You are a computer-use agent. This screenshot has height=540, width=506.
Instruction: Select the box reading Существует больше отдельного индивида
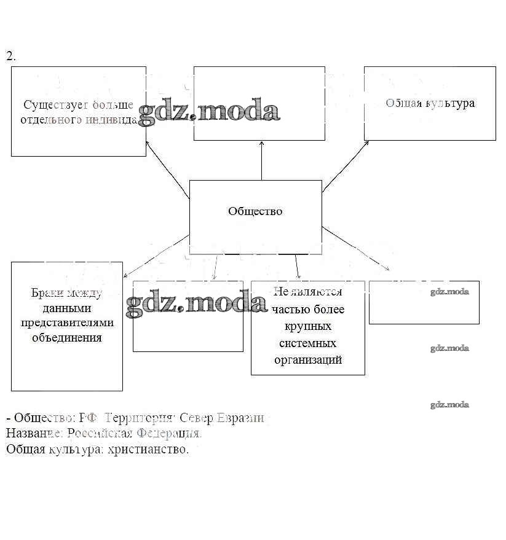tap(79, 111)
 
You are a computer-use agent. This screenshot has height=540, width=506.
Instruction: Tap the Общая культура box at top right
tap(430, 103)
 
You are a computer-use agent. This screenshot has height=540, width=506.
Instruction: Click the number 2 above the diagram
tap(10, 56)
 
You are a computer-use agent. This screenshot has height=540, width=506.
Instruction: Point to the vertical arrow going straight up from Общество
tap(262, 160)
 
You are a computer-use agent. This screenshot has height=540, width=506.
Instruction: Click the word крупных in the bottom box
tap(308, 326)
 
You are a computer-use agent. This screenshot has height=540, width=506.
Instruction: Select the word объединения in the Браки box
tap(67, 337)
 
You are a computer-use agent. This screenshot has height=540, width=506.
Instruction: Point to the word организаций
tap(308, 360)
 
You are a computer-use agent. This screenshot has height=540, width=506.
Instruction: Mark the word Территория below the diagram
tap(140, 418)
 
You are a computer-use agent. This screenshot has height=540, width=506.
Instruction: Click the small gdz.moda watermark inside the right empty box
tap(449, 292)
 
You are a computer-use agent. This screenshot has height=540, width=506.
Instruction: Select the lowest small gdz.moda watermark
tap(449, 405)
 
